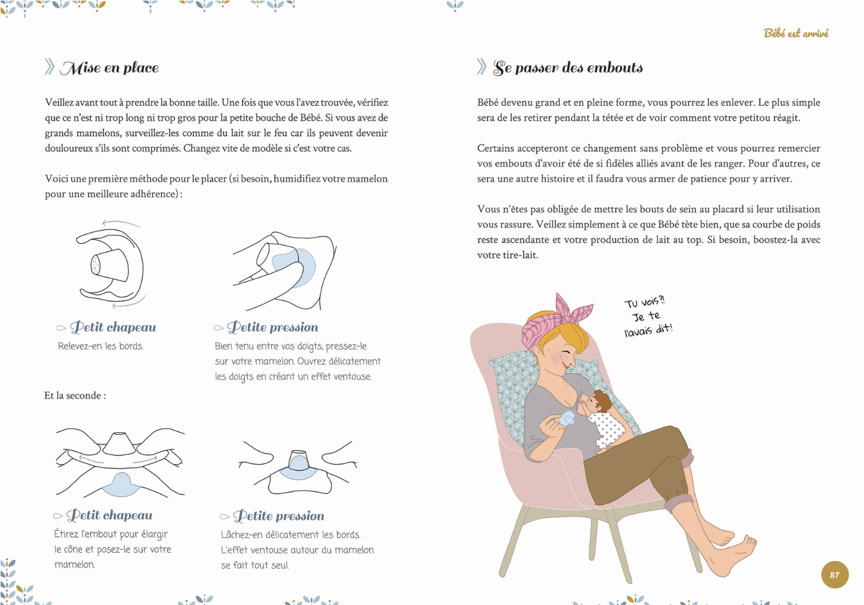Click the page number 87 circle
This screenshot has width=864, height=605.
coord(835,575)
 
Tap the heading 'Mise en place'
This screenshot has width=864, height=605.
coord(109,68)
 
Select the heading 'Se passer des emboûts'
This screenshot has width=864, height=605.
coord(567,68)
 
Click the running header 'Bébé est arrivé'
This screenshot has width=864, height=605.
coord(796,33)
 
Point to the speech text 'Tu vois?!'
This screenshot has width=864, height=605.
coord(645,302)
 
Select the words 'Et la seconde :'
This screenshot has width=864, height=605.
coord(75,395)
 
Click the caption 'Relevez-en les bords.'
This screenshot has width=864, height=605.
coord(100,346)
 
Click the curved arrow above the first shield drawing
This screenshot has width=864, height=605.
coord(121,223)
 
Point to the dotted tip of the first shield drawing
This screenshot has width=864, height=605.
coord(95,265)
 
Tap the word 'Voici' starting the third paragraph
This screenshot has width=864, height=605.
coord(55,179)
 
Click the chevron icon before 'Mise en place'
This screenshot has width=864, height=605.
coord(50,67)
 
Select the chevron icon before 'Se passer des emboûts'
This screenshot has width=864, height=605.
coord(482,67)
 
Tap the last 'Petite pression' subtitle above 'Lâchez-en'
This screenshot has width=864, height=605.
coord(279,516)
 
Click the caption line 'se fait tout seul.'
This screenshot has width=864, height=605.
coord(255,565)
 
